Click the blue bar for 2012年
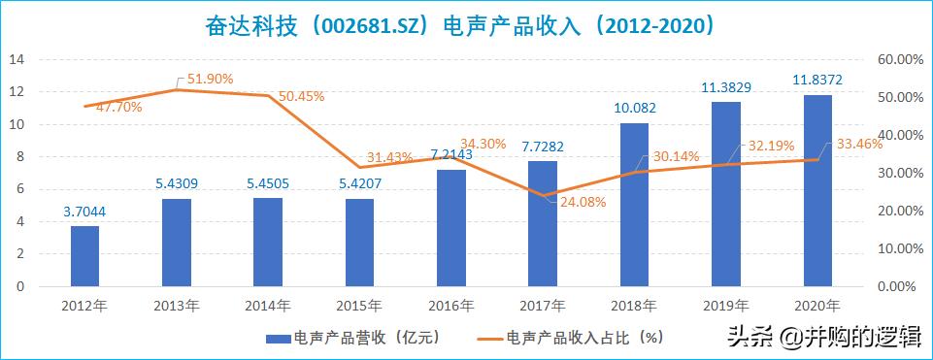pyautogui.click(x=84, y=256)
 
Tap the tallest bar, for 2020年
pyautogui.click(x=817, y=191)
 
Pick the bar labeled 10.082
pyautogui.click(x=634, y=205)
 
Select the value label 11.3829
pyautogui.click(x=727, y=87)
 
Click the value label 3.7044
pyautogui.click(x=84, y=213)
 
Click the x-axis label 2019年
pyautogui.click(x=726, y=306)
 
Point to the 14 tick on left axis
pyautogui.click(x=16, y=59)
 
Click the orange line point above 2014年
pyautogui.click(x=268, y=95)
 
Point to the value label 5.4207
pyautogui.click(x=359, y=184)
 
